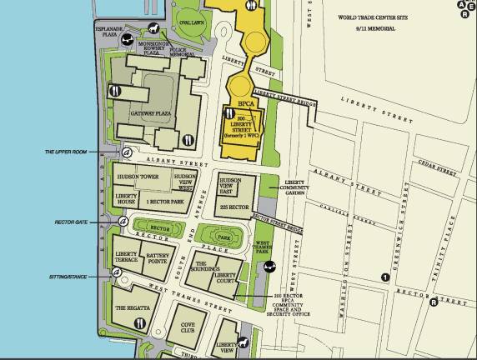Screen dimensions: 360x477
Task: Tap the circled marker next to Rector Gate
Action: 123,222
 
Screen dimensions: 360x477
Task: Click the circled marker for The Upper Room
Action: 127,152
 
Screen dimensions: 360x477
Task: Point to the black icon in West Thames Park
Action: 270,267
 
